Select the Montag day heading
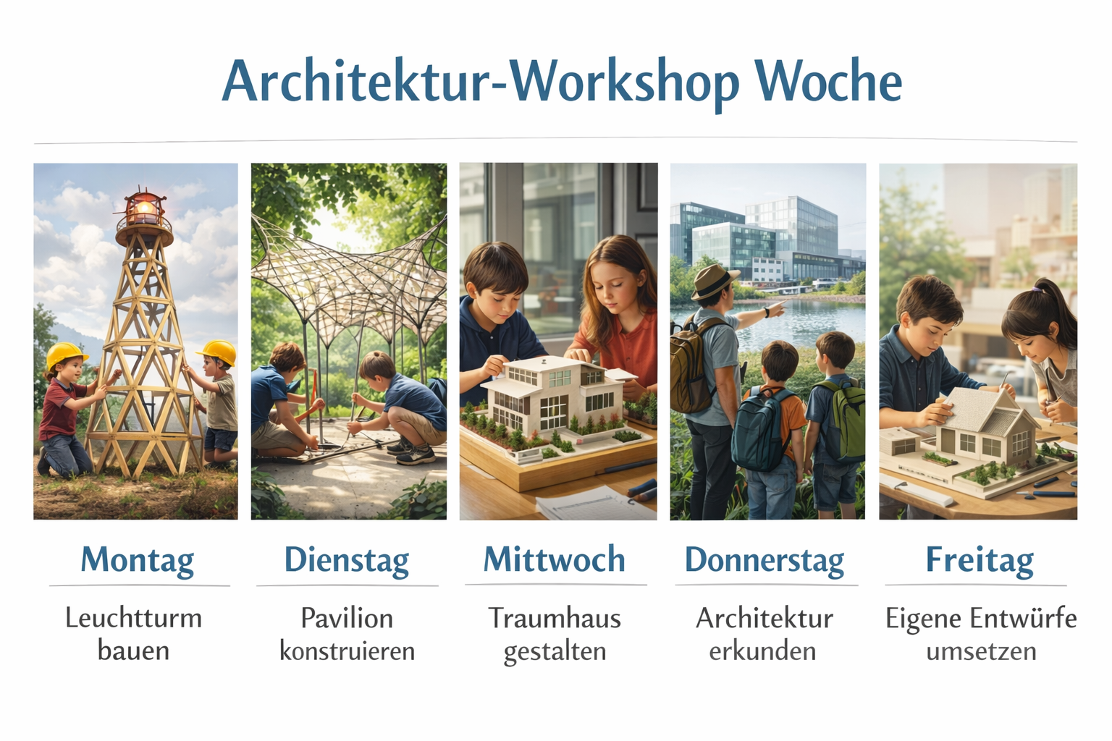click(x=138, y=560)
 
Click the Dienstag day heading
click(x=347, y=560)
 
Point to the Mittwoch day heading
click(x=555, y=559)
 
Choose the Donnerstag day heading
click(x=764, y=560)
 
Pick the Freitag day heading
click(x=980, y=560)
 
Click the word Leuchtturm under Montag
click(x=134, y=619)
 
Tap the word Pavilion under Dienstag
click(x=347, y=619)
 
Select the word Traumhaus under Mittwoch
click(x=555, y=619)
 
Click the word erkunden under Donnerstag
click(x=762, y=651)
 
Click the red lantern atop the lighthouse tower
click(x=144, y=209)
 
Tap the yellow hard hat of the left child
click(x=65, y=355)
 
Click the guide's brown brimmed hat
click(x=714, y=282)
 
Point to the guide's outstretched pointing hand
click(x=775, y=309)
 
